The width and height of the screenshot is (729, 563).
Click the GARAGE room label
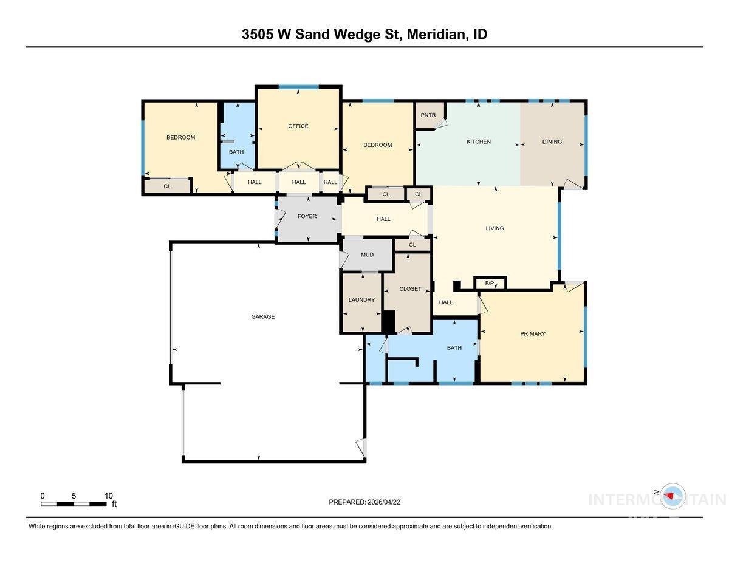click(x=263, y=316)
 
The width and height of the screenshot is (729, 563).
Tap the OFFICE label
click(x=298, y=126)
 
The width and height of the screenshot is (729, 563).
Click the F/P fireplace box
click(x=490, y=284)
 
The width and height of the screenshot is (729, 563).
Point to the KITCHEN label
click(x=478, y=142)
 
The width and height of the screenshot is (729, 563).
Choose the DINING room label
click(x=552, y=142)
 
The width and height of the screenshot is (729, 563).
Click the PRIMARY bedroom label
click(x=533, y=333)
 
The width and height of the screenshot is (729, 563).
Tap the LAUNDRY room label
click(x=361, y=300)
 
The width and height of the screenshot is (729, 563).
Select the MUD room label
click(x=367, y=254)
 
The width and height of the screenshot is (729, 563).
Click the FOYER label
click(x=307, y=216)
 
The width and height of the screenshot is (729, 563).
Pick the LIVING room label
click(x=495, y=228)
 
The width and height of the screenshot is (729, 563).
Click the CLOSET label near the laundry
click(x=410, y=289)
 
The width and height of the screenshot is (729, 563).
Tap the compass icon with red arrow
click(x=672, y=496)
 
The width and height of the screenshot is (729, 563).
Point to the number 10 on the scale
click(x=108, y=496)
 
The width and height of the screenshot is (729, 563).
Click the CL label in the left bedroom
click(x=167, y=186)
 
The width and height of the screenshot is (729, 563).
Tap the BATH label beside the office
click(x=236, y=152)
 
